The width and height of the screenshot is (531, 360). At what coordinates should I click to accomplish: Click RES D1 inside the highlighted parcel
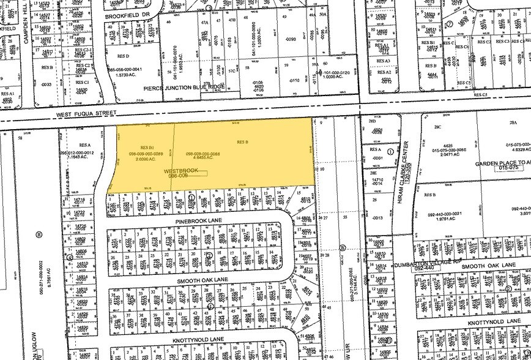click(x=146, y=147)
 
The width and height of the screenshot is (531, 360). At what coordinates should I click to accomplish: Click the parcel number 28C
click(x=437, y=127)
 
